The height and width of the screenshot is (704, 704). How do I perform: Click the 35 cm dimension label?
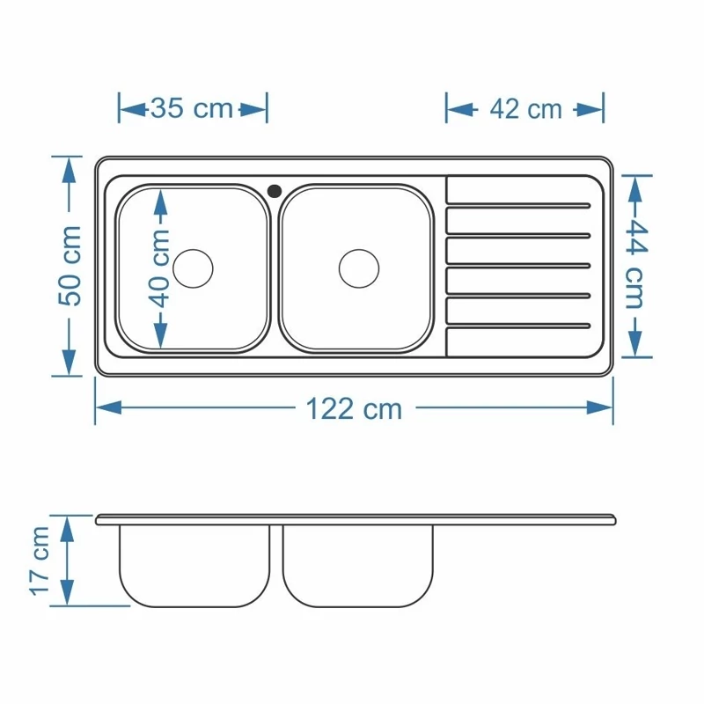point(192,108)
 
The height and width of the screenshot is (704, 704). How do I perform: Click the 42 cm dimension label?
point(525,109)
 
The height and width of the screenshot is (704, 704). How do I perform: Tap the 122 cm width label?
point(354,409)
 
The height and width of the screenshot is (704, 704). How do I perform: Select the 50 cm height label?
point(70,266)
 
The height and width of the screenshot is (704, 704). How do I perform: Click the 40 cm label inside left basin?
point(159,268)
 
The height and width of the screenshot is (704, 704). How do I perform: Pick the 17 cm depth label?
point(40,561)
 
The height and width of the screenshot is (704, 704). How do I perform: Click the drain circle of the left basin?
point(193,268)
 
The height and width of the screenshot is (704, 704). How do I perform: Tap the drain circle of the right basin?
point(359,268)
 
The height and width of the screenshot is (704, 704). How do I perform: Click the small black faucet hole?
point(275,191)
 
